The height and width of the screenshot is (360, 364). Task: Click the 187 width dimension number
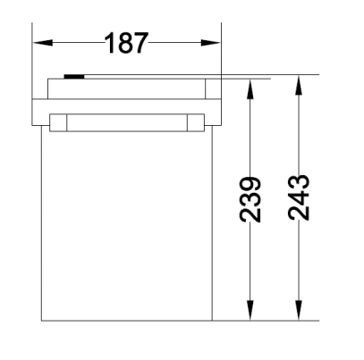click(x=126, y=43)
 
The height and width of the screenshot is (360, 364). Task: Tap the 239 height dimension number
click(x=250, y=199)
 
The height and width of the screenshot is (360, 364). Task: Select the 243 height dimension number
click(x=299, y=197)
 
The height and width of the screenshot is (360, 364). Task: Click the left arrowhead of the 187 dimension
click(x=43, y=43)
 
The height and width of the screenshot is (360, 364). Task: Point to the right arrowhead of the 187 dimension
click(x=210, y=43)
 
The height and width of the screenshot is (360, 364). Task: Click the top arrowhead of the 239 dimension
click(x=250, y=89)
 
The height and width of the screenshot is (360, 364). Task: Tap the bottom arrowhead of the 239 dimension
click(x=250, y=310)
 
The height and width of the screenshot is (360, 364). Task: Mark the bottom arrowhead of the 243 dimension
click(x=299, y=310)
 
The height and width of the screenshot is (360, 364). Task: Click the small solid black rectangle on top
click(x=74, y=77)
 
